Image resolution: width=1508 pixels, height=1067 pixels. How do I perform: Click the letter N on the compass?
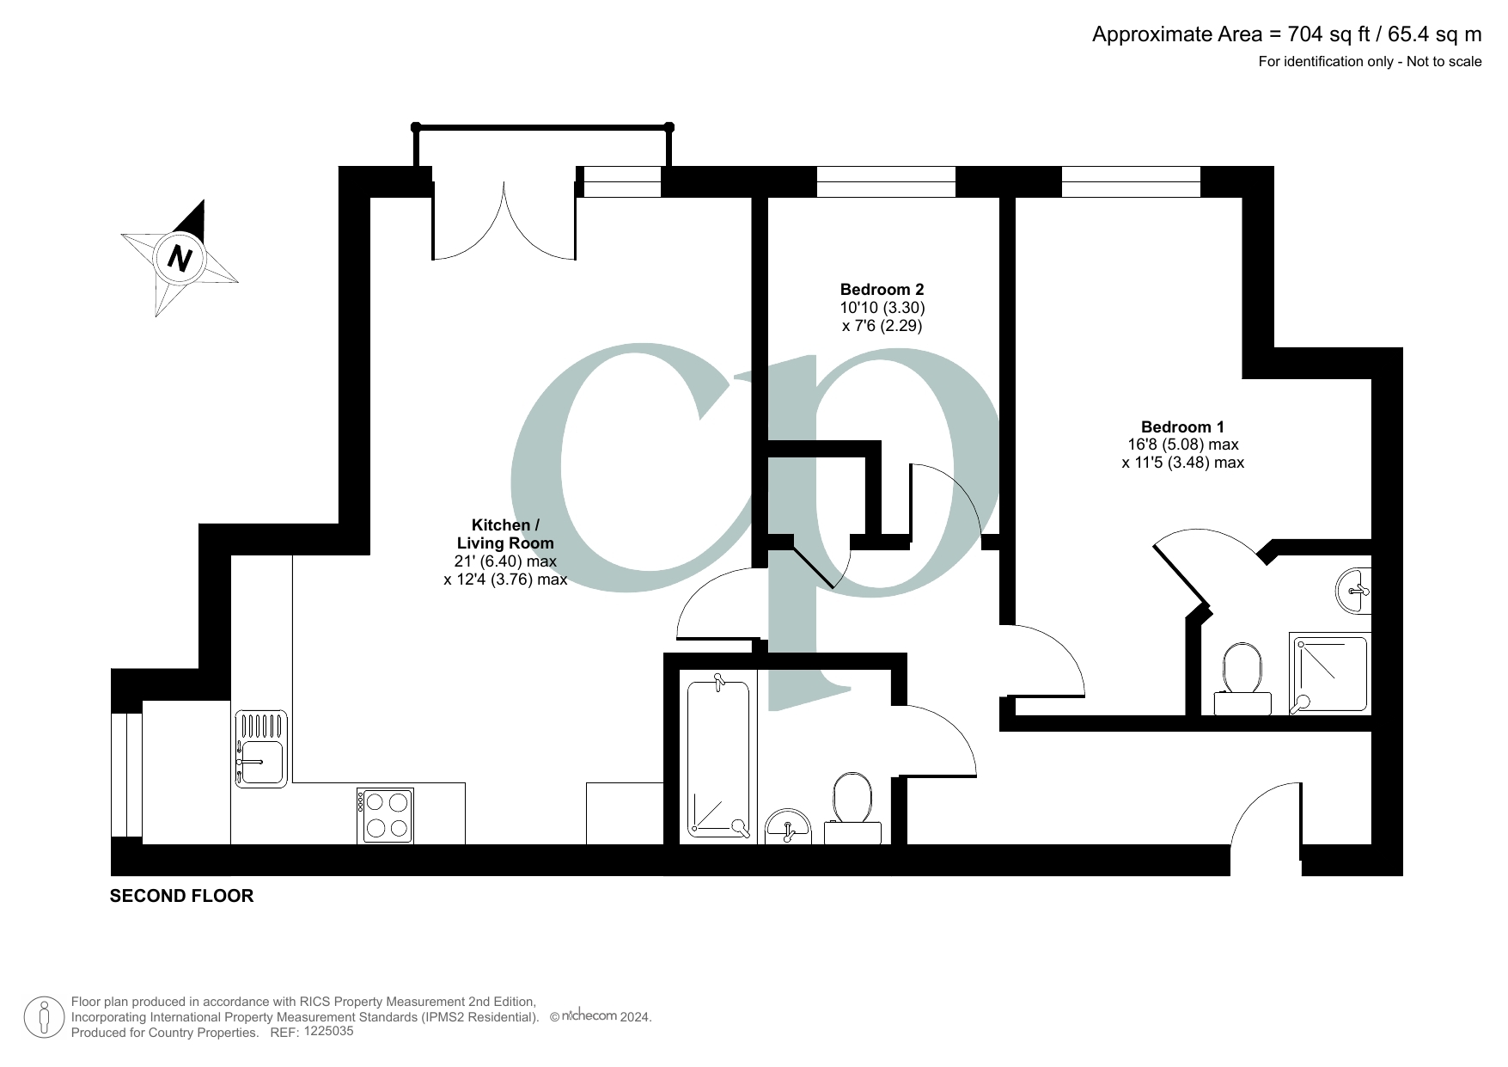[x=180, y=257]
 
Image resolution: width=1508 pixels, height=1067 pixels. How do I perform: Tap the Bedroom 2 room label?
[x=882, y=290]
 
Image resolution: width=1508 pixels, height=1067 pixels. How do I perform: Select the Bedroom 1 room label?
[x=1182, y=427]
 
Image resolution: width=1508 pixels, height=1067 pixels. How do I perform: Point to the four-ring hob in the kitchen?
[x=386, y=815]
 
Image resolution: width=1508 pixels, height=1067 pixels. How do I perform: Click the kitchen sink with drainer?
[x=261, y=749]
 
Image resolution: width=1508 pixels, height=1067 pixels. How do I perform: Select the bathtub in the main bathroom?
[x=718, y=760]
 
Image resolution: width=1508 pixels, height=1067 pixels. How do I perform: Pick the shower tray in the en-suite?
[x=1329, y=674]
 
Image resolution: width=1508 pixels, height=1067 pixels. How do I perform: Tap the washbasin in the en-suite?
[x=1353, y=591]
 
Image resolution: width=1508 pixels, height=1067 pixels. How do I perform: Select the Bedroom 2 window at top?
[x=885, y=181]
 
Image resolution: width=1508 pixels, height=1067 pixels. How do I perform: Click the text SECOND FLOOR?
[x=181, y=896]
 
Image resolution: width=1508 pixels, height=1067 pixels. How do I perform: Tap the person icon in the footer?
[x=44, y=1018]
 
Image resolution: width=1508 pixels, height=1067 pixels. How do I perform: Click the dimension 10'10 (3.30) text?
[x=882, y=308]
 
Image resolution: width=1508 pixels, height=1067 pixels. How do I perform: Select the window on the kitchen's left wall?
[x=126, y=775]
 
